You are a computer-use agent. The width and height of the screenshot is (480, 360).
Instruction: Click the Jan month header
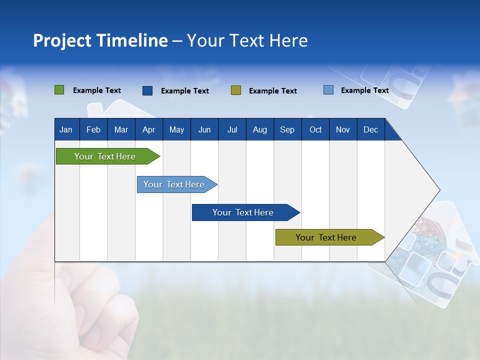click(66, 129)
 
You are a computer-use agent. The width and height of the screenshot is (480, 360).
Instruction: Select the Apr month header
click(149, 129)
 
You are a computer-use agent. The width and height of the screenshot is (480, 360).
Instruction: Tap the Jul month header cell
click(232, 129)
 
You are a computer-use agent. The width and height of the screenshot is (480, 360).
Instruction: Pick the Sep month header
click(287, 129)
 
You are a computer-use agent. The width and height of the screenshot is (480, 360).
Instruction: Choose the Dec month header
click(370, 129)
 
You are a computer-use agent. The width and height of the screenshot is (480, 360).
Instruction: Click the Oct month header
click(315, 129)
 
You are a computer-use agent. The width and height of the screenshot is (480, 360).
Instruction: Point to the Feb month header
click(93, 129)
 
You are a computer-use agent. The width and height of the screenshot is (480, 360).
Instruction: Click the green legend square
click(59, 90)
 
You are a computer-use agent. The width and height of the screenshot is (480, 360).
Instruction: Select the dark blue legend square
click(147, 90)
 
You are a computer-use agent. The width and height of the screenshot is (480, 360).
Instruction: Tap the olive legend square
click(236, 90)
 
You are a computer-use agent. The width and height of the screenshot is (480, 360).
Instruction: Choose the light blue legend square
click(328, 90)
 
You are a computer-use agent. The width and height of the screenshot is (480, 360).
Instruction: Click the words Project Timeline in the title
click(100, 40)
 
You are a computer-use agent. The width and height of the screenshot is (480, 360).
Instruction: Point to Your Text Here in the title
click(247, 40)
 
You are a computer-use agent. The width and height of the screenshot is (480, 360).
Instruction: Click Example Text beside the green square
click(97, 90)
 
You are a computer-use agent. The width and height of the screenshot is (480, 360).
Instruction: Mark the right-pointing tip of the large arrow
click(438, 190)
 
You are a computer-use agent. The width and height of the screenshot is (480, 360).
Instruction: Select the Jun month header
click(204, 129)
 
